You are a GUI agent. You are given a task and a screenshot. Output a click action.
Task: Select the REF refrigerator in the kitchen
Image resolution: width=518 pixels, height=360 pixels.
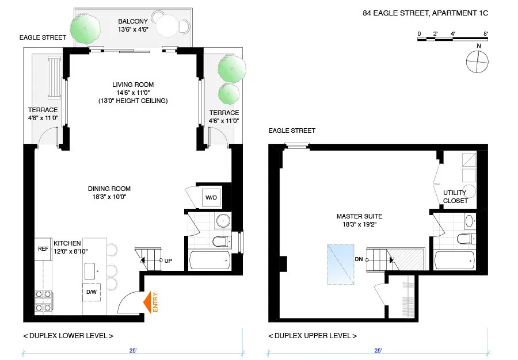point(43,250)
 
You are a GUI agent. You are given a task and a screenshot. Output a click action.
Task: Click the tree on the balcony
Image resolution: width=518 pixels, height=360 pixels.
point(85,26)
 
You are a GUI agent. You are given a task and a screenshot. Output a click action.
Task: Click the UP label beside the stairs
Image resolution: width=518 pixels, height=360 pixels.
point(168,261)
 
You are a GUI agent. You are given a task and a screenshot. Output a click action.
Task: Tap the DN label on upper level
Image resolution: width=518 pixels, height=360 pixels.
point(359,259)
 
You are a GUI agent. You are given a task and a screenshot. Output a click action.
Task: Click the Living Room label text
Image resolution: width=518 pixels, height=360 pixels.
point(133,85)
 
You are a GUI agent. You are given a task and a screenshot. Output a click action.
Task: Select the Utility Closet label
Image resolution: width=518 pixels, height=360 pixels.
point(455,197)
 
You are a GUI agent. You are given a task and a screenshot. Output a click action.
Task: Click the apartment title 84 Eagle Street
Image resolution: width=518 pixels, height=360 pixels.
point(425,12)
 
